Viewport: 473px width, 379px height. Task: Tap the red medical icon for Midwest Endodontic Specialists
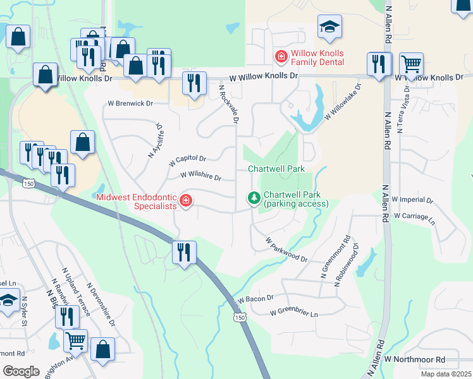tap(186, 201)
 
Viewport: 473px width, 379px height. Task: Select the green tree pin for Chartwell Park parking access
tap(254, 199)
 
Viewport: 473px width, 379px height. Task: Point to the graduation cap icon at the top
tap(329, 27)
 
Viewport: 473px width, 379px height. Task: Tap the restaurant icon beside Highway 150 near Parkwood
tap(184, 252)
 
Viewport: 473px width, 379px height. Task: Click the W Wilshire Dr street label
tap(200, 177)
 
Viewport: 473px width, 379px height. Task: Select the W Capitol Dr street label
tap(187, 160)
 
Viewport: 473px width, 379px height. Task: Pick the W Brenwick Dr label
tap(130, 103)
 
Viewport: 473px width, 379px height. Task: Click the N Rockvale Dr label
tap(230, 104)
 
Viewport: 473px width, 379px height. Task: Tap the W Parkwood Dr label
tap(286, 250)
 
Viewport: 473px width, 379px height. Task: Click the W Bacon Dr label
tap(255, 298)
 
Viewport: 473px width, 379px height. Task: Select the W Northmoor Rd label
tap(414, 359)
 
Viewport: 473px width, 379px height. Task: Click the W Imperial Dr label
tap(412, 200)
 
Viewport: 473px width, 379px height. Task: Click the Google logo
tap(21, 371)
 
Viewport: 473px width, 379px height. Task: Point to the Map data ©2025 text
tap(446, 374)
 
